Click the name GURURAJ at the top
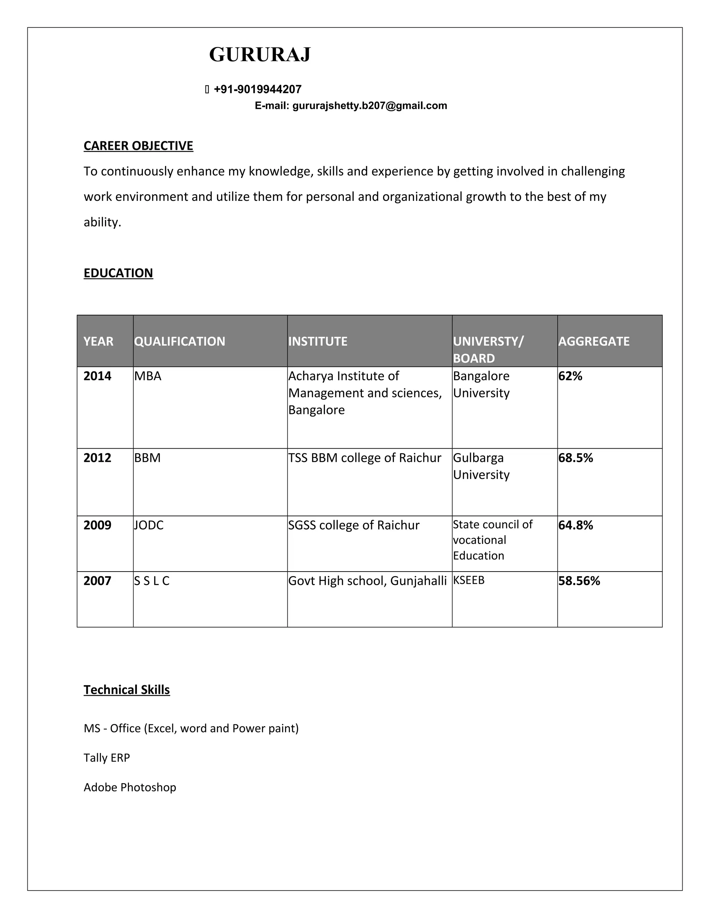click(x=260, y=55)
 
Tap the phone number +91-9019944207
click(x=258, y=89)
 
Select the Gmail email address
click(x=369, y=106)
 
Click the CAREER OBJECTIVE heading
click(x=138, y=145)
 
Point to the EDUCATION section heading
click(x=118, y=273)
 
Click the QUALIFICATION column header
click(x=180, y=341)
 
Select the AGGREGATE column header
click(x=594, y=341)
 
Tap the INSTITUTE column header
click(x=318, y=341)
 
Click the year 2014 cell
click(x=97, y=376)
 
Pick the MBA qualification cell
click(x=148, y=376)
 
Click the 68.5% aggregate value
click(x=575, y=458)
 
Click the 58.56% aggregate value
click(x=579, y=581)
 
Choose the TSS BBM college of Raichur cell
click(x=365, y=458)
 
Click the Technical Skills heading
click(x=127, y=690)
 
